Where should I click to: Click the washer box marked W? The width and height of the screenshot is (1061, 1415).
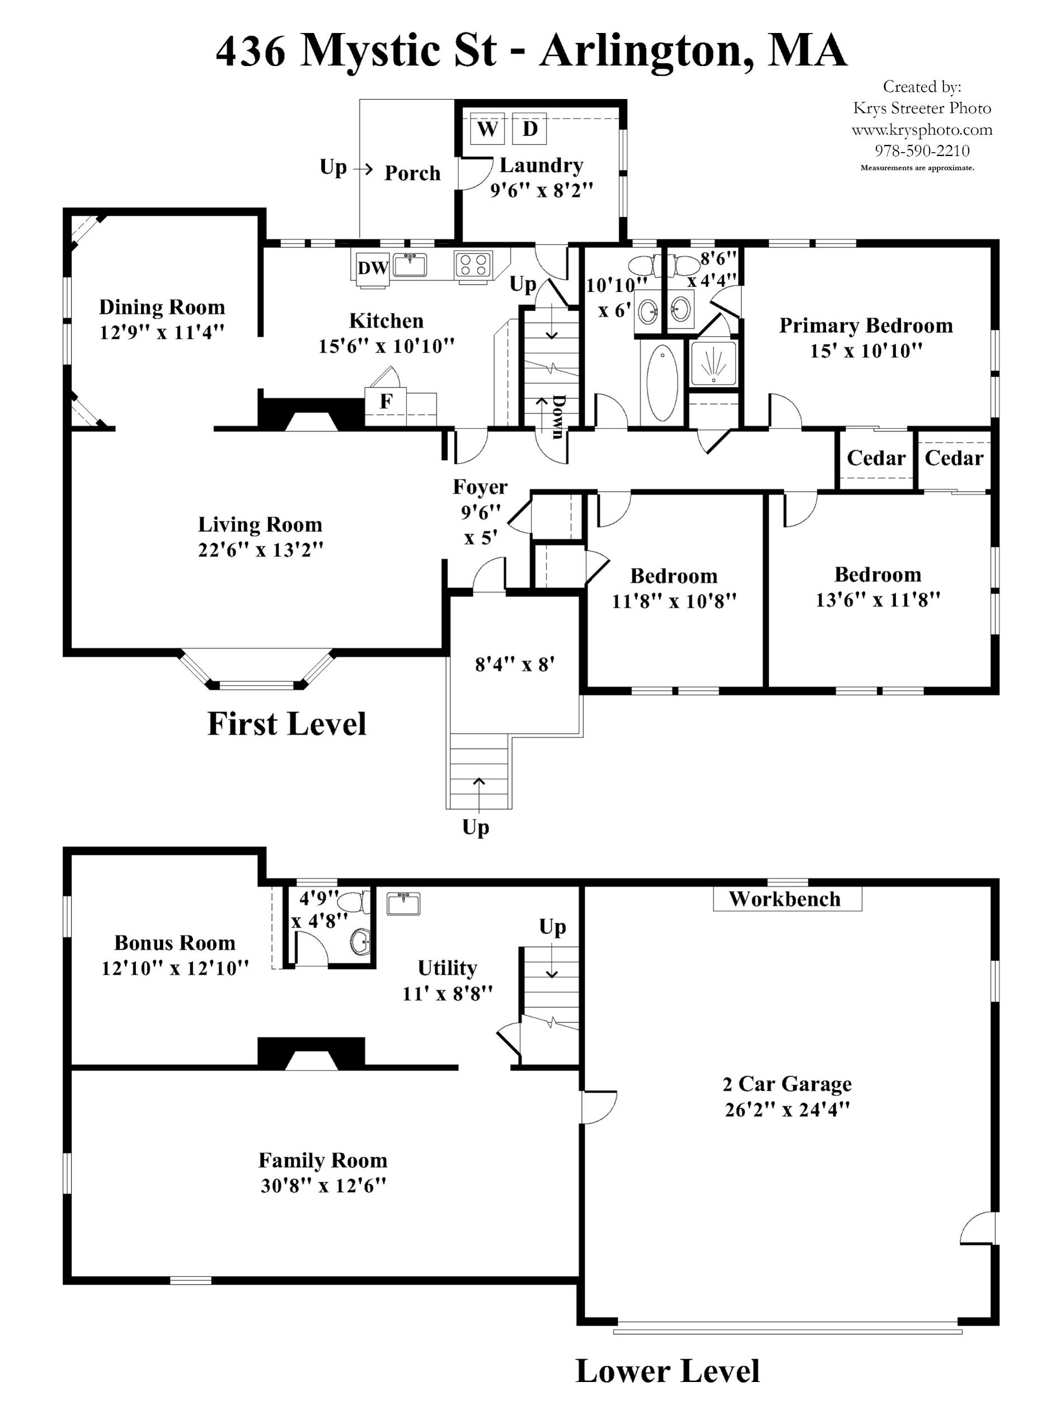tap(487, 129)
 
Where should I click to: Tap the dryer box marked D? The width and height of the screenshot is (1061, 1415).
tap(530, 129)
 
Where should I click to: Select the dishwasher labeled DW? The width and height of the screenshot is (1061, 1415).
tap(372, 268)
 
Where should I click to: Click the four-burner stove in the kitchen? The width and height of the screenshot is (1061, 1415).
tap(473, 265)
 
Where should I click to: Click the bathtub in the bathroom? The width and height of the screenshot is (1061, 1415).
tap(661, 383)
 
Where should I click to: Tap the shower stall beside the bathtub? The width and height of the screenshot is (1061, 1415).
tap(713, 364)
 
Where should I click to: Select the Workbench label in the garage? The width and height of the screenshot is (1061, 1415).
tap(785, 899)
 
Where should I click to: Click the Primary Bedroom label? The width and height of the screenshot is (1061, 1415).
tap(865, 326)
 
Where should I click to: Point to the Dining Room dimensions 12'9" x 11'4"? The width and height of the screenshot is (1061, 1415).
tap(162, 333)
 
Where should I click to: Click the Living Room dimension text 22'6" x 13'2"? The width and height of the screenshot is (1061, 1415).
tap(260, 549)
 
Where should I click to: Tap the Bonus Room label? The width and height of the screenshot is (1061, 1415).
tap(175, 942)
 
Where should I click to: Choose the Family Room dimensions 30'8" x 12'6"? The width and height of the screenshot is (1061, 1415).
tap(323, 1185)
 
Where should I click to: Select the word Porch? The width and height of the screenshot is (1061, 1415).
tap(413, 173)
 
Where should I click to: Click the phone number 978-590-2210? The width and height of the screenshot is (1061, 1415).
tap(922, 151)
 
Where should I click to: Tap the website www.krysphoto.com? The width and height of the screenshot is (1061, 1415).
tap(922, 130)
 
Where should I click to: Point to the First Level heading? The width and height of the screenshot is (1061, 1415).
tap(286, 724)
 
